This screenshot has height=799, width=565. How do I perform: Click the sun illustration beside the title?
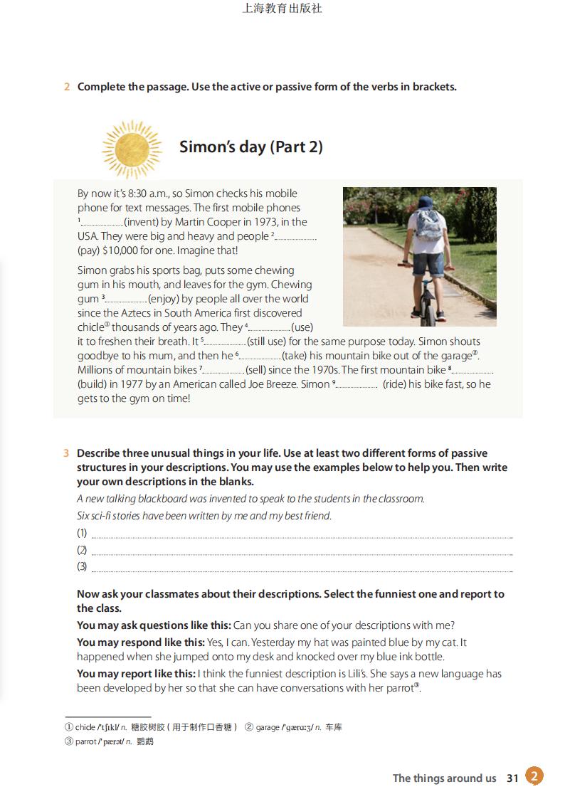click(x=132, y=147)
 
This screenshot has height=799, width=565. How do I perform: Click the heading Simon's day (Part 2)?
click(x=250, y=147)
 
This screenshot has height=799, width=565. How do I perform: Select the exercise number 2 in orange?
click(x=67, y=87)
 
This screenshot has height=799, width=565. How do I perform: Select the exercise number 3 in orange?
click(x=66, y=453)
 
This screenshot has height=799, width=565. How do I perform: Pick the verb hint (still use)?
click(x=270, y=342)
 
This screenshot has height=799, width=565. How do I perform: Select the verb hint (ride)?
click(x=400, y=384)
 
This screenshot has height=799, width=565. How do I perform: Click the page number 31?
click(x=512, y=778)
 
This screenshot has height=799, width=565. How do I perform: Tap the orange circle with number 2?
click(x=534, y=776)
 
